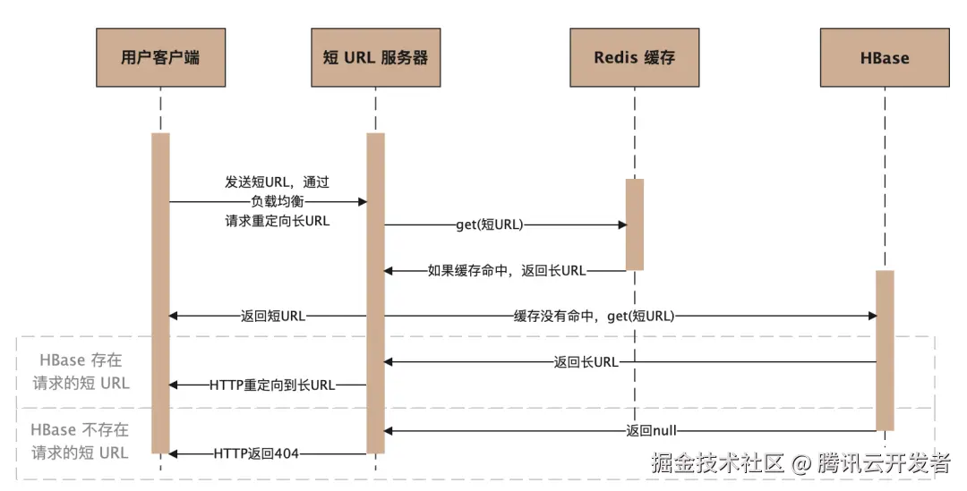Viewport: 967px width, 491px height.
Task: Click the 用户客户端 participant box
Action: click(x=160, y=58)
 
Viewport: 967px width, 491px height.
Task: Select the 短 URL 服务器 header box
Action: click(x=375, y=58)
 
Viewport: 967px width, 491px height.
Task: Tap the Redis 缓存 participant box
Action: click(x=634, y=58)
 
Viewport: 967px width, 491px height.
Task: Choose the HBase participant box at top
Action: click(x=884, y=58)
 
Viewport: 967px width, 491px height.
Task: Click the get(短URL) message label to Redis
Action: click(x=489, y=225)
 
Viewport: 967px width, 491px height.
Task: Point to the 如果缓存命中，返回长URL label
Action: click(x=507, y=270)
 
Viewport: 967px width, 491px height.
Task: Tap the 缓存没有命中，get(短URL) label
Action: click(x=594, y=316)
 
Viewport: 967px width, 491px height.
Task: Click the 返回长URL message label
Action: click(x=586, y=362)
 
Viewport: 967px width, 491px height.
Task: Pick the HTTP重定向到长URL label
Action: click(x=272, y=385)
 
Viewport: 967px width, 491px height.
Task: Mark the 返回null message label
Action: click(x=651, y=431)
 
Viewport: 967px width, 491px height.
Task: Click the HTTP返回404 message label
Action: click(x=256, y=454)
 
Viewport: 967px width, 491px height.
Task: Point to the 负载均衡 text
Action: click(x=277, y=201)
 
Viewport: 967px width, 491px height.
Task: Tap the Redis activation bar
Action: click(x=634, y=224)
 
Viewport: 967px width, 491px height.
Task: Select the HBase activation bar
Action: click(x=884, y=349)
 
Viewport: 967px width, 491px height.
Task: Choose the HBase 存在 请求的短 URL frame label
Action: click(x=81, y=372)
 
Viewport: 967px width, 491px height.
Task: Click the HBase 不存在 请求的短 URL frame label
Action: click(x=81, y=441)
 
